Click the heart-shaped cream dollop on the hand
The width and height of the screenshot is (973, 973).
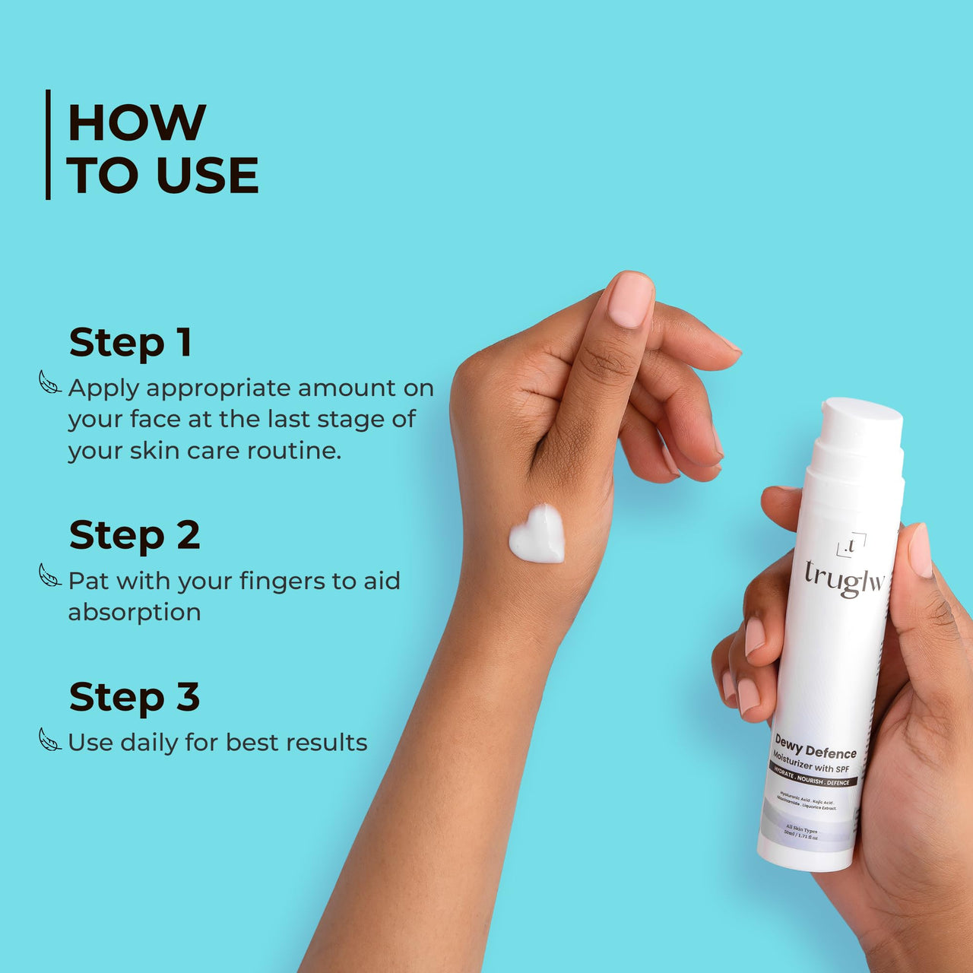pyautogui.click(x=537, y=534)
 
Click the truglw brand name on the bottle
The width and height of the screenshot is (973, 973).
pyautogui.click(x=845, y=578)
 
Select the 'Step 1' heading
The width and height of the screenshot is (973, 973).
pyautogui.click(x=130, y=342)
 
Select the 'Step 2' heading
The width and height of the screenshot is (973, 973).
pyautogui.click(x=135, y=535)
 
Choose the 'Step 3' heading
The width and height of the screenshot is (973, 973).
pyautogui.click(x=135, y=697)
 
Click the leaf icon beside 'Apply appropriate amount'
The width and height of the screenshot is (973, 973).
pyautogui.click(x=50, y=382)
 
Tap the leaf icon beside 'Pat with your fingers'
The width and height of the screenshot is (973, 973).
pyautogui.click(x=50, y=575)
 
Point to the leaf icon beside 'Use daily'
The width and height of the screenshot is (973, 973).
pyautogui.click(x=50, y=739)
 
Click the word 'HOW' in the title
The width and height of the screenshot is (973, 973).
pyautogui.click(x=137, y=122)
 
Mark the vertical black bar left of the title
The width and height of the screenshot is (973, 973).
pyautogui.click(x=49, y=144)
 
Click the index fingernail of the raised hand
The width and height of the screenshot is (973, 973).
pyautogui.click(x=630, y=300)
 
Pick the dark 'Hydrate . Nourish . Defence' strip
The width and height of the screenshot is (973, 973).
pyautogui.click(x=813, y=776)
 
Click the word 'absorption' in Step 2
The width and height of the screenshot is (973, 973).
pyautogui.click(x=135, y=612)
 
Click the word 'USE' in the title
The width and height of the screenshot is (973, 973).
pyautogui.click(x=208, y=176)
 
